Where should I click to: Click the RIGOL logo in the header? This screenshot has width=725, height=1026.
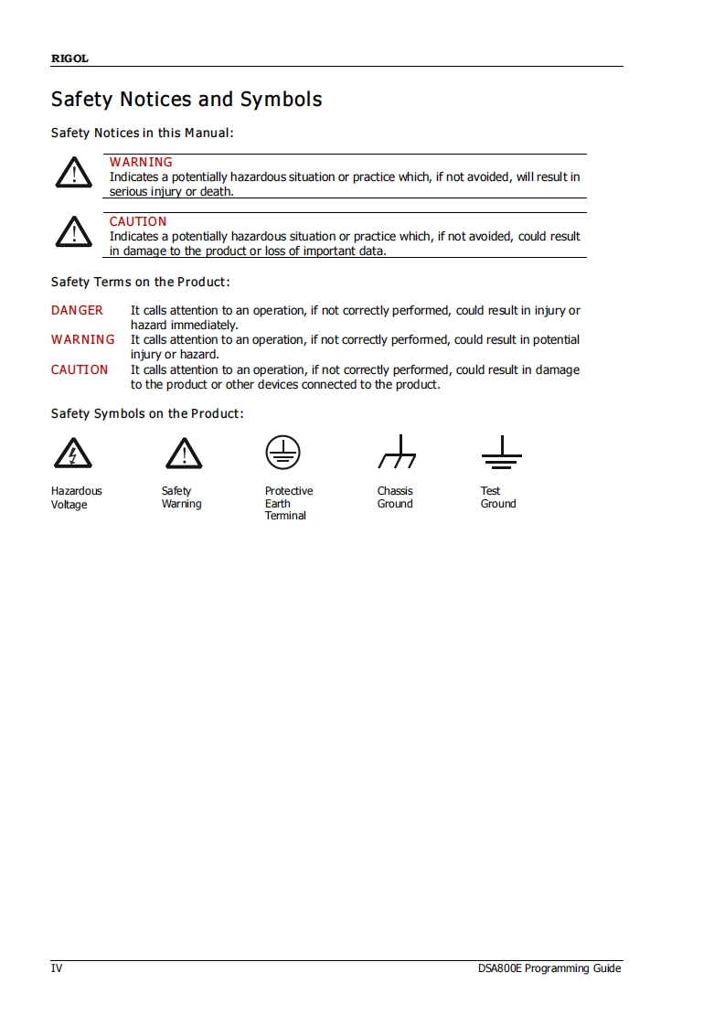69,59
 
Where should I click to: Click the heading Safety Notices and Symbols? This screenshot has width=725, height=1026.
187,99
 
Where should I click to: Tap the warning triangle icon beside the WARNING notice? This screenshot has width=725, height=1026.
73,173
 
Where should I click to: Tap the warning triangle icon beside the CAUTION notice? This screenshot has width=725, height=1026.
73,231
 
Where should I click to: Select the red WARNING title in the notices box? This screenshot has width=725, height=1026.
141,162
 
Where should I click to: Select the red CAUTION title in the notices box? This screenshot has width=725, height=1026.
138,221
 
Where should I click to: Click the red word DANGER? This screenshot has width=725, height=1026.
77,310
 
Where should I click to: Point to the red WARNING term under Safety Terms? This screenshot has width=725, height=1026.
83,339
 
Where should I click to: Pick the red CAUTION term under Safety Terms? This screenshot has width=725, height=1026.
80,369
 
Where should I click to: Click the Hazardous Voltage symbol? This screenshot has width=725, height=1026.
72,453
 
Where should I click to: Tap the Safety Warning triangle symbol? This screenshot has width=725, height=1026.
184,453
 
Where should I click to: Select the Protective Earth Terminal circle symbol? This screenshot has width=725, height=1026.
283,452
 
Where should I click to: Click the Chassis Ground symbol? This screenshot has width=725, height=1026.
396,452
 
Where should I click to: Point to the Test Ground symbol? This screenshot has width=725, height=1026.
501,452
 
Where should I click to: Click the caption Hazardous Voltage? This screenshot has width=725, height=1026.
77,497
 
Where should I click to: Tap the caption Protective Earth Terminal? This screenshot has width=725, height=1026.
289,503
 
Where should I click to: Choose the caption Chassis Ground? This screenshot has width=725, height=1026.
395,497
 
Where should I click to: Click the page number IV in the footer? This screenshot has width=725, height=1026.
57,968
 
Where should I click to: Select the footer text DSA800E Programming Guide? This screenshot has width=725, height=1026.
549,968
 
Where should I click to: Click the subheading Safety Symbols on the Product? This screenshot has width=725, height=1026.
147,413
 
